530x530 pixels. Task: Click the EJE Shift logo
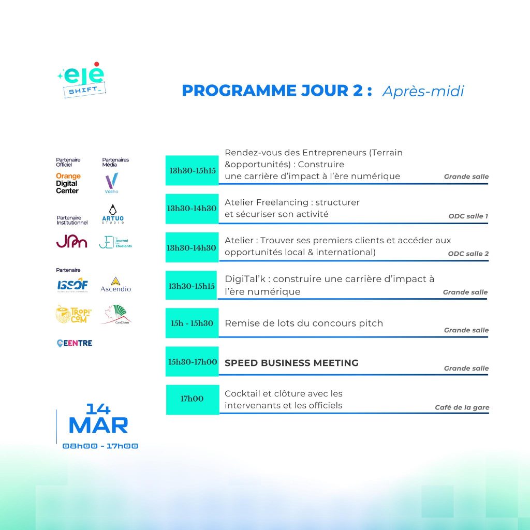coord(81,80)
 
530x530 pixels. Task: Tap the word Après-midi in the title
coord(423,91)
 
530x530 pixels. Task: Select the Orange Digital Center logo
coord(68,184)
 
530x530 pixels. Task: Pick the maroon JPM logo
coord(71,241)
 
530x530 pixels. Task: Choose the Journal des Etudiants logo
coord(115,242)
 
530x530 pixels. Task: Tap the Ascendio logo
coord(115,285)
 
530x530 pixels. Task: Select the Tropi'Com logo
coord(71,314)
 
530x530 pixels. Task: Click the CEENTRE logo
coord(75,343)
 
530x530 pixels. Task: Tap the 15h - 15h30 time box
coord(192,323)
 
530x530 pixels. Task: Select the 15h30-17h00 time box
coord(192,362)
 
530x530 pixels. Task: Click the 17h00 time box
coord(192,399)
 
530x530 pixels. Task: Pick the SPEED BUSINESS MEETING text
coord(291,363)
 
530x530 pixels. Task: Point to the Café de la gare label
coord(462,408)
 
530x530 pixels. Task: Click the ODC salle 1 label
coord(468,216)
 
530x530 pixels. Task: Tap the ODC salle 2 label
coord(468,254)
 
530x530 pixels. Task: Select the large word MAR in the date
coord(98,425)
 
